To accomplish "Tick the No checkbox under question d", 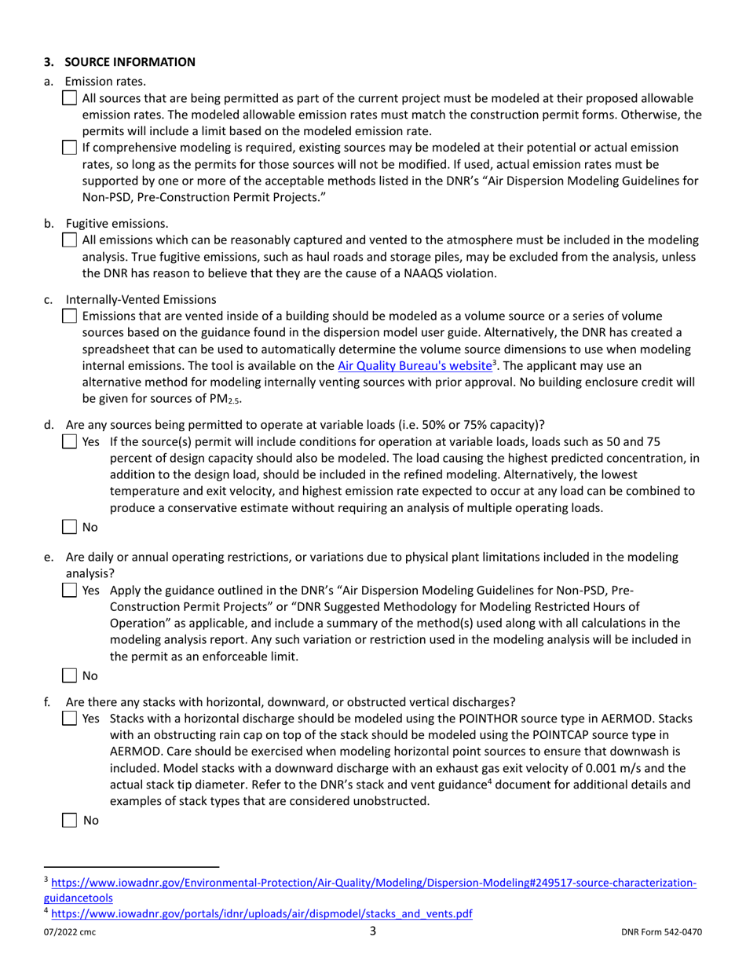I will click(69, 528).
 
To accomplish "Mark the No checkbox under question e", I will click(69, 675).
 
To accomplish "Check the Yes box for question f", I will click(69, 718).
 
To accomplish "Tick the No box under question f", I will click(69, 820).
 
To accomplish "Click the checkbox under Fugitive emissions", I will click(69, 240).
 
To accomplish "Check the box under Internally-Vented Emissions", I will click(69, 317).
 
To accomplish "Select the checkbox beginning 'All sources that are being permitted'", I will click(69, 98).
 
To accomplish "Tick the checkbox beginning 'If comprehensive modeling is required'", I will click(69, 148).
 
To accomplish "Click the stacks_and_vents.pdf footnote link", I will click(261, 913).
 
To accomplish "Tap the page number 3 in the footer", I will click(373, 931).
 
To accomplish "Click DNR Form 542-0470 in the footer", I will click(660, 933).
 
